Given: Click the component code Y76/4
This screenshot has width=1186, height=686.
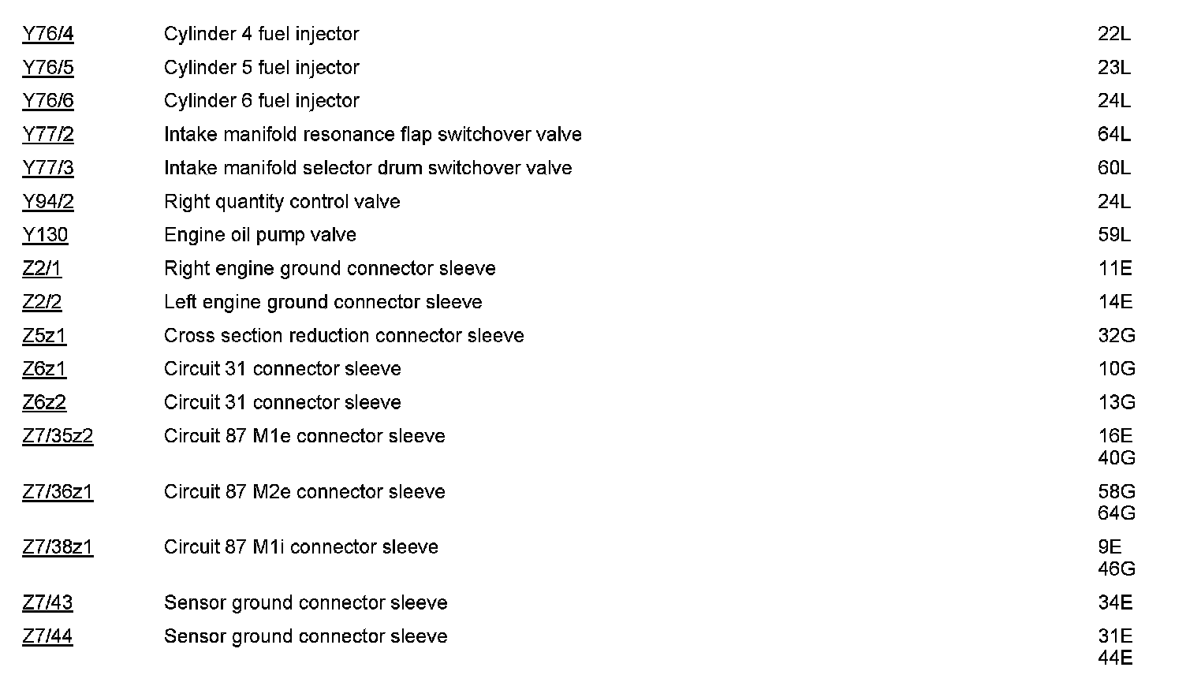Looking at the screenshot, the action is (x=48, y=34).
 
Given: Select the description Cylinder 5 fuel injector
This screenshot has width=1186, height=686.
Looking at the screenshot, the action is (x=261, y=68).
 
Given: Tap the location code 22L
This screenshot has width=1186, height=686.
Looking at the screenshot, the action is (x=1113, y=34).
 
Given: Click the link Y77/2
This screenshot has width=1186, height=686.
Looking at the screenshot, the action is (x=48, y=135).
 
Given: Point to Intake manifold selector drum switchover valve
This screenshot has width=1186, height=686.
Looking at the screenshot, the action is (x=367, y=168).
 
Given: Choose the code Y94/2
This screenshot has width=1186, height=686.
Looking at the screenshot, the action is (x=48, y=202).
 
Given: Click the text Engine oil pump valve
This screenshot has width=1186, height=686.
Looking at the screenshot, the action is (x=259, y=235).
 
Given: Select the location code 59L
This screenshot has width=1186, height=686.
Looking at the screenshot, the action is (x=1113, y=235).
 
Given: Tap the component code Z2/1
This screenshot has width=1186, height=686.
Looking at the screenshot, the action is (x=42, y=269).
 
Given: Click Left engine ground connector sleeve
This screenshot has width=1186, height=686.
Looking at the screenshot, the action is (x=323, y=302).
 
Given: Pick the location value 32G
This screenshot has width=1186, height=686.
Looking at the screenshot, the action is (x=1116, y=336).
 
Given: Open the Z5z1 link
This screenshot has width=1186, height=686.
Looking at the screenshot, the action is (x=44, y=336).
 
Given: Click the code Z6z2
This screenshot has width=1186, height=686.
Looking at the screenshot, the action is (x=44, y=403).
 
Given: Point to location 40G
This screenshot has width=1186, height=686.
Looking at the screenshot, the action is (x=1116, y=458).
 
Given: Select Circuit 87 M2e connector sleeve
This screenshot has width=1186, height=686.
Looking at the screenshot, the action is (x=304, y=492).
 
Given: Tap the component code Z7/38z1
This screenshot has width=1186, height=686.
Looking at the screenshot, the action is (x=58, y=547).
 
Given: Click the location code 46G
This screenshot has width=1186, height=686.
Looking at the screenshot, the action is (x=1116, y=569).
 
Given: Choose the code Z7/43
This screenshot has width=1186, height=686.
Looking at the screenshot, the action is (x=47, y=603).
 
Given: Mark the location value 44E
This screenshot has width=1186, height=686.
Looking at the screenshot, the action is (x=1115, y=658).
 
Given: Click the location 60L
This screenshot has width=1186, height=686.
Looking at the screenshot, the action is (x=1113, y=168).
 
